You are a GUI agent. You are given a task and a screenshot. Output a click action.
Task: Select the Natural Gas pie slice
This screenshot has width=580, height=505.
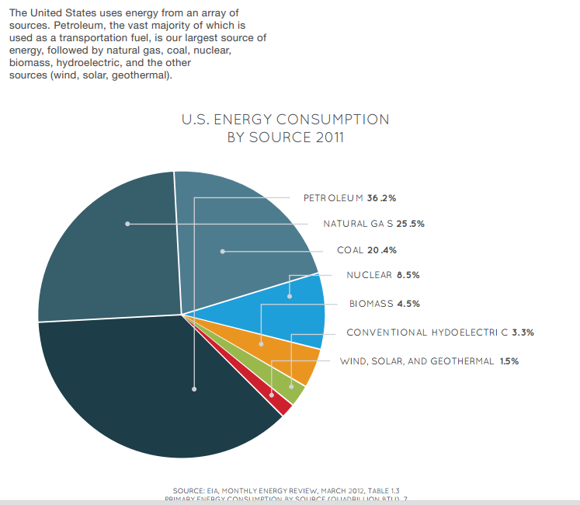pyautogui.click(x=109, y=249)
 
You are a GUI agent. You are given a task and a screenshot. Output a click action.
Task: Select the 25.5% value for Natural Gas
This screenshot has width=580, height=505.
pyautogui.click(x=410, y=224)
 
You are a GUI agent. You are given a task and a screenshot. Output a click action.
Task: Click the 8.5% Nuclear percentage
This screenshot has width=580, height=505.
pyautogui.click(x=408, y=275)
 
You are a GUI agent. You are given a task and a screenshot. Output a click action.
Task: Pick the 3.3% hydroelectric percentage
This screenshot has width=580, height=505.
pyautogui.click(x=523, y=333)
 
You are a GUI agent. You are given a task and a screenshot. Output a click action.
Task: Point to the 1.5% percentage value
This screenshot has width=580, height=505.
pyautogui.click(x=509, y=361)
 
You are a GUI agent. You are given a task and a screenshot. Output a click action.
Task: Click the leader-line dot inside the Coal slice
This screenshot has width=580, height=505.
pyautogui.click(x=222, y=251)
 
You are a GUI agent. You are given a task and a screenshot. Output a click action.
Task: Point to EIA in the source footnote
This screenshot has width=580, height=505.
pyautogui.click(x=212, y=490)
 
